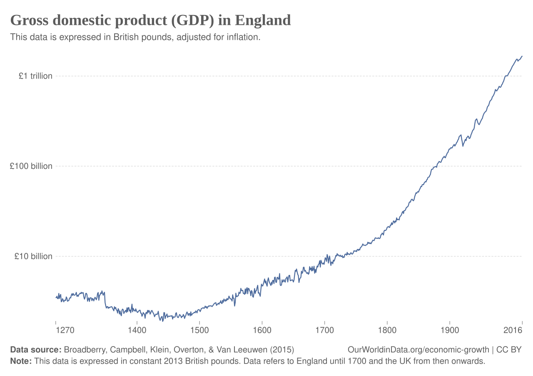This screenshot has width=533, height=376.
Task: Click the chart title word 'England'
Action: pos(262,20)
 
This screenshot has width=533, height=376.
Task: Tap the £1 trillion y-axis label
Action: pos(35,76)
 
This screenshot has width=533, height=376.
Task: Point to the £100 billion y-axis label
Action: pos(31,166)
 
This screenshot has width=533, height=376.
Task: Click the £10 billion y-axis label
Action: pos(33,257)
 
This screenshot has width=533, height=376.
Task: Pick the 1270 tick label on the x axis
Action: pos(65,331)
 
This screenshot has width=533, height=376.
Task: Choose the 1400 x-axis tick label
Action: pos(137,331)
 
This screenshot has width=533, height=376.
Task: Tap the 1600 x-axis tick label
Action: pos(262,331)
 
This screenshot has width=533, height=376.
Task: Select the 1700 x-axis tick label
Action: pos(324,331)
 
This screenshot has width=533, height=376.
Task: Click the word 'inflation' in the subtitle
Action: pos(242,37)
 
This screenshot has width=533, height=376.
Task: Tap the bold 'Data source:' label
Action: pos(36,350)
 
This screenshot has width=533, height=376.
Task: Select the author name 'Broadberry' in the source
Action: pos(85,350)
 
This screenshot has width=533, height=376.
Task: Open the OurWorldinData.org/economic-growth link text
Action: pos(418,350)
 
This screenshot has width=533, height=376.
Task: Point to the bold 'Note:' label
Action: pos(21,361)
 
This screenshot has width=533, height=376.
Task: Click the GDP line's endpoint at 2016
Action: pos(522,56)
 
